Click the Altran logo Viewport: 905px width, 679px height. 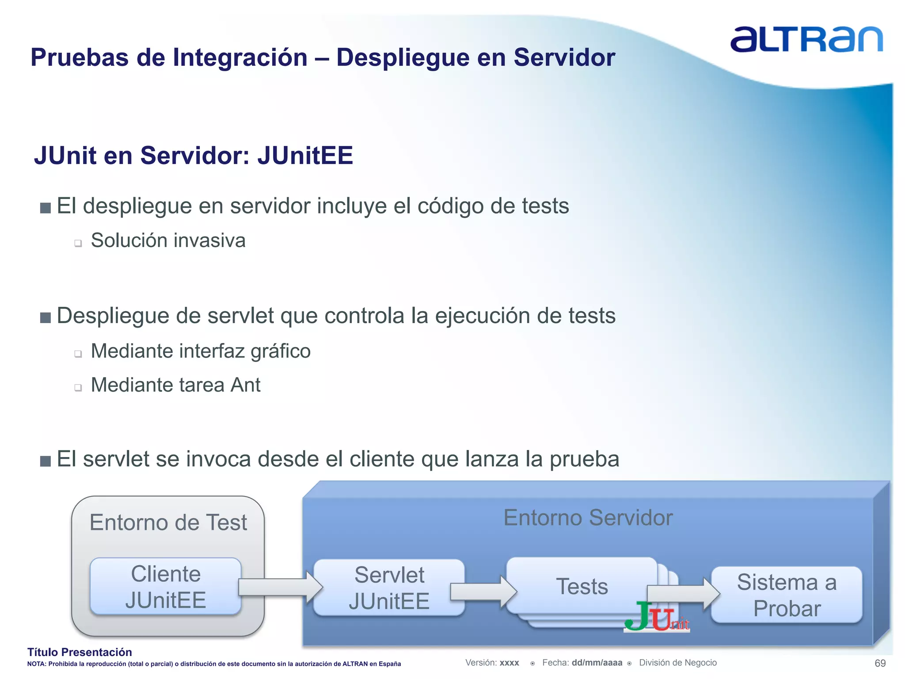(x=806, y=40)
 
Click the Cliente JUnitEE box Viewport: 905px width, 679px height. (x=166, y=587)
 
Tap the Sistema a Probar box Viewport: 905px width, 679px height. (x=787, y=595)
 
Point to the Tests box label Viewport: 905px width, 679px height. (x=582, y=587)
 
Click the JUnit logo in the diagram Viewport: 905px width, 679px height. (x=657, y=617)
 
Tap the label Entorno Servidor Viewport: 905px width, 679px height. (x=588, y=518)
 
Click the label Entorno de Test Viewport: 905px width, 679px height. (x=168, y=523)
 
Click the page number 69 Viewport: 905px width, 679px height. (x=880, y=663)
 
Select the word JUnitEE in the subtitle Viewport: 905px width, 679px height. (x=305, y=156)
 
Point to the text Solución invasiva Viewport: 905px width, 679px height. (x=168, y=240)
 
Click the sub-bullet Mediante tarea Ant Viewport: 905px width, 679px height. (x=175, y=385)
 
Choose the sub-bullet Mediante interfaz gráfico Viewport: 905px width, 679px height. (x=201, y=351)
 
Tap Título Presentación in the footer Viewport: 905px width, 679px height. (x=80, y=652)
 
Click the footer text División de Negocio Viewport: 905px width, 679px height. (x=677, y=663)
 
